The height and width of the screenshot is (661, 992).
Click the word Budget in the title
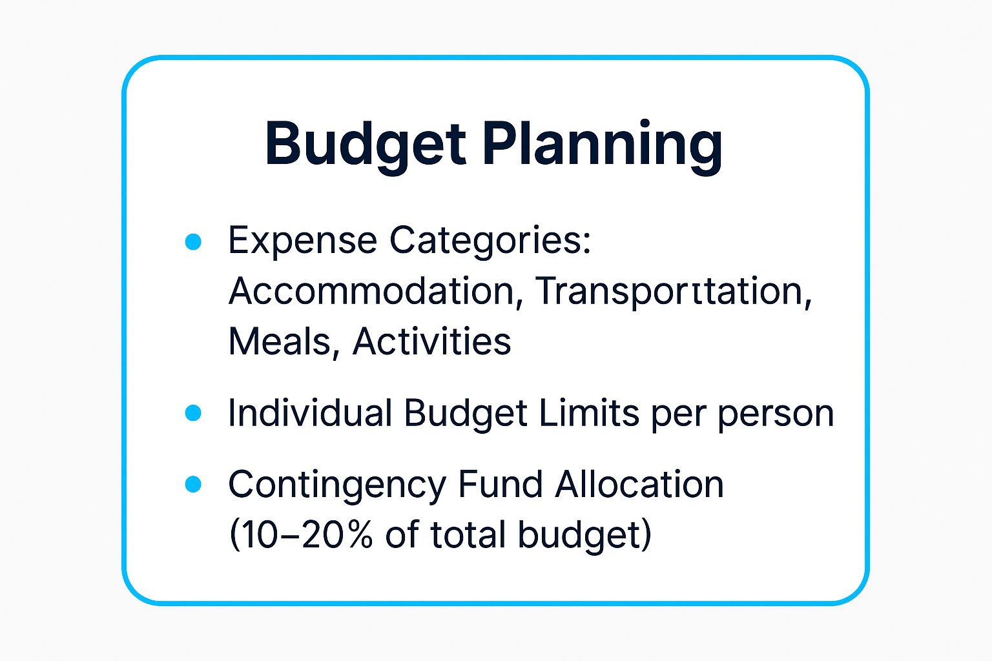tap(365, 143)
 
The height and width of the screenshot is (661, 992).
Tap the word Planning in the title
tap(602, 143)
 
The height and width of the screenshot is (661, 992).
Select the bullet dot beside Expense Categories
tap(193, 242)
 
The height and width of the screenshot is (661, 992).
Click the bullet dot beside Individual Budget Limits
tap(193, 413)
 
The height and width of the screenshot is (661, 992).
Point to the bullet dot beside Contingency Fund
tap(193, 484)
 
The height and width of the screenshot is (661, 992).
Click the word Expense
tap(302, 241)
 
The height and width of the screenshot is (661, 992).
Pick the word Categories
tap(490, 241)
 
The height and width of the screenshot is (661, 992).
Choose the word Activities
tap(431, 341)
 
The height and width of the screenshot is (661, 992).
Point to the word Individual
tap(310, 413)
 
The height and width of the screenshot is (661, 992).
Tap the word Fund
tap(500, 484)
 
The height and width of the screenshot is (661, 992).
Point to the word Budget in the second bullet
tap(466, 413)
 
